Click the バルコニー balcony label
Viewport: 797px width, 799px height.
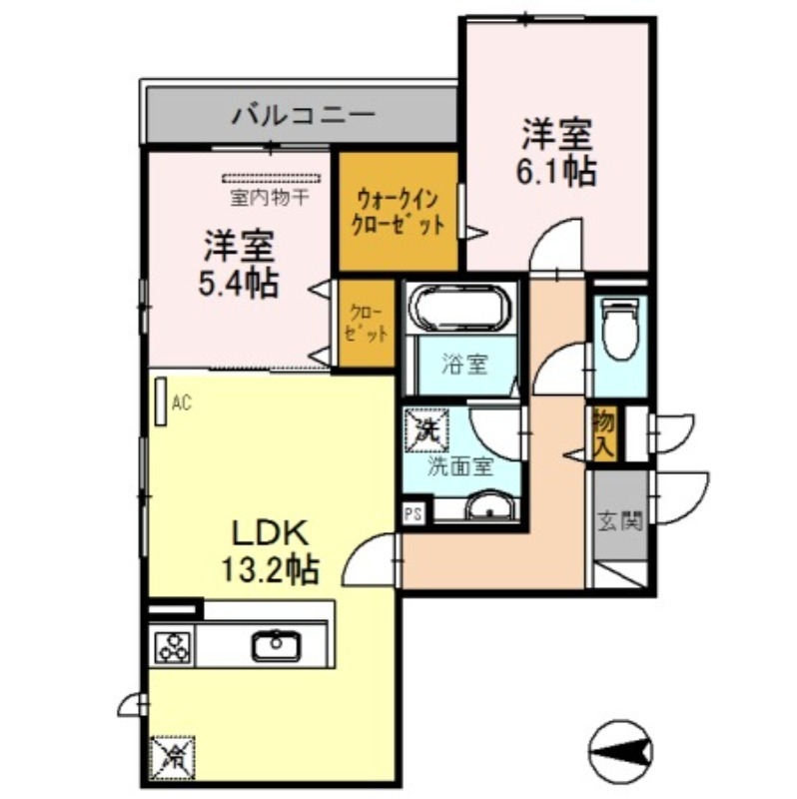(304, 115)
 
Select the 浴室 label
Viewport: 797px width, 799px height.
(464, 364)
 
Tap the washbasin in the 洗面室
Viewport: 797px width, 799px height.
(488, 509)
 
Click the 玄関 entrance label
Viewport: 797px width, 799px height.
(619, 521)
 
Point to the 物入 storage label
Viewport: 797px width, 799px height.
(602, 432)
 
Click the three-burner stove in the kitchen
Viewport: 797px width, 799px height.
(173, 648)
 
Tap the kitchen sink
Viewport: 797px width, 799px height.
(274, 647)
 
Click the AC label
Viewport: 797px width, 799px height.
(181, 403)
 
